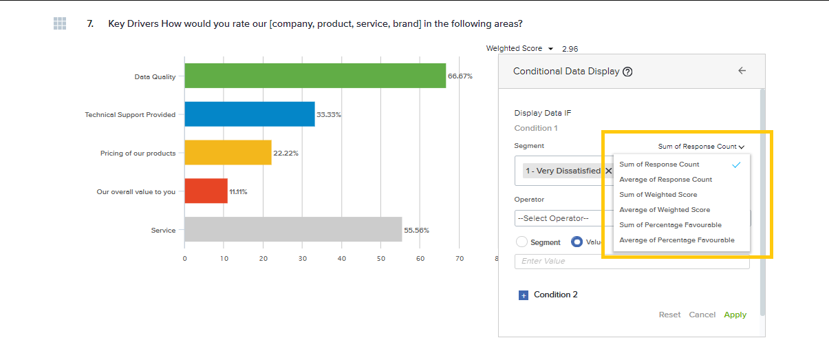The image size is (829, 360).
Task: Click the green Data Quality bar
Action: point(315,76)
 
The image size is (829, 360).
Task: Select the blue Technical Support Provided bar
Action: point(249,114)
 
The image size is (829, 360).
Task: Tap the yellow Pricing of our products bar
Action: point(228,153)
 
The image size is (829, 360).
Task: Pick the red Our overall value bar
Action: point(206,191)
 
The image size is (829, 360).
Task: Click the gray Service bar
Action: point(293,230)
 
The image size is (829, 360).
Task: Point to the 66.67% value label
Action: point(460,76)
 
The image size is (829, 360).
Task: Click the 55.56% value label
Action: point(416,231)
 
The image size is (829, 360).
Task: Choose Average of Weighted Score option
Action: point(665,210)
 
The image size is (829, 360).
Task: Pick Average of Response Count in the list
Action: point(665,180)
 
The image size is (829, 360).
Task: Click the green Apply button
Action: point(735,315)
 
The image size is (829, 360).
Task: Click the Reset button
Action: point(669,315)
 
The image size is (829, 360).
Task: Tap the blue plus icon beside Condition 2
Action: point(523,295)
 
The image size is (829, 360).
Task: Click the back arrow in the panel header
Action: point(742,71)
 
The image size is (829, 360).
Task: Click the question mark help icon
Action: point(627,72)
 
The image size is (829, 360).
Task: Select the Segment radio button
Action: point(521,242)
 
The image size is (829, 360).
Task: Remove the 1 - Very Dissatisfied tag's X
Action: point(608,171)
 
